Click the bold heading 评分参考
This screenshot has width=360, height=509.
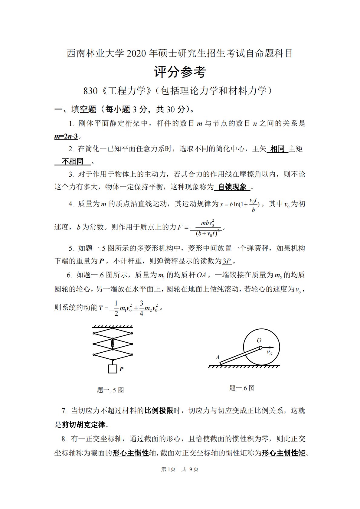(x=180, y=72)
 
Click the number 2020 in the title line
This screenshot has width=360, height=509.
(x=136, y=54)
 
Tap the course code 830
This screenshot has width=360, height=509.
(x=90, y=91)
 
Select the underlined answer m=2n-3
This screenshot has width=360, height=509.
(x=66, y=136)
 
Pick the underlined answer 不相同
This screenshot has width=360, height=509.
(x=72, y=162)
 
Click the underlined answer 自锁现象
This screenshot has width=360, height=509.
(x=232, y=187)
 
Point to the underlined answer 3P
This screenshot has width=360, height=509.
(x=227, y=261)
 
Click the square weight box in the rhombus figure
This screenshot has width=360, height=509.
(x=113, y=369)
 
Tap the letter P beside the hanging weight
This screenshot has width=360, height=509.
(x=121, y=369)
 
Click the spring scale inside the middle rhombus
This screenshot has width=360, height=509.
(x=113, y=344)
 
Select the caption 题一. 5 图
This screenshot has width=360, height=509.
(x=110, y=390)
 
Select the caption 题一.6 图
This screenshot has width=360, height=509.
(x=242, y=388)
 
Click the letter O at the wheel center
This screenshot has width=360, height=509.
(x=259, y=341)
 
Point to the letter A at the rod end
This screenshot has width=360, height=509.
(x=217, y=357)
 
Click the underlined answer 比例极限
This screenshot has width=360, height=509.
(x=159, y=410)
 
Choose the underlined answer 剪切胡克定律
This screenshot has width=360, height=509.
(x=83, y=425)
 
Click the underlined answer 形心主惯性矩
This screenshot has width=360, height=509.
(x=283, y=453)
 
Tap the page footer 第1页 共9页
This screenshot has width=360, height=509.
(x=180, y=469)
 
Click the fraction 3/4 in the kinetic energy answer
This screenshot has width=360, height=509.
(x=141, y=308)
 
